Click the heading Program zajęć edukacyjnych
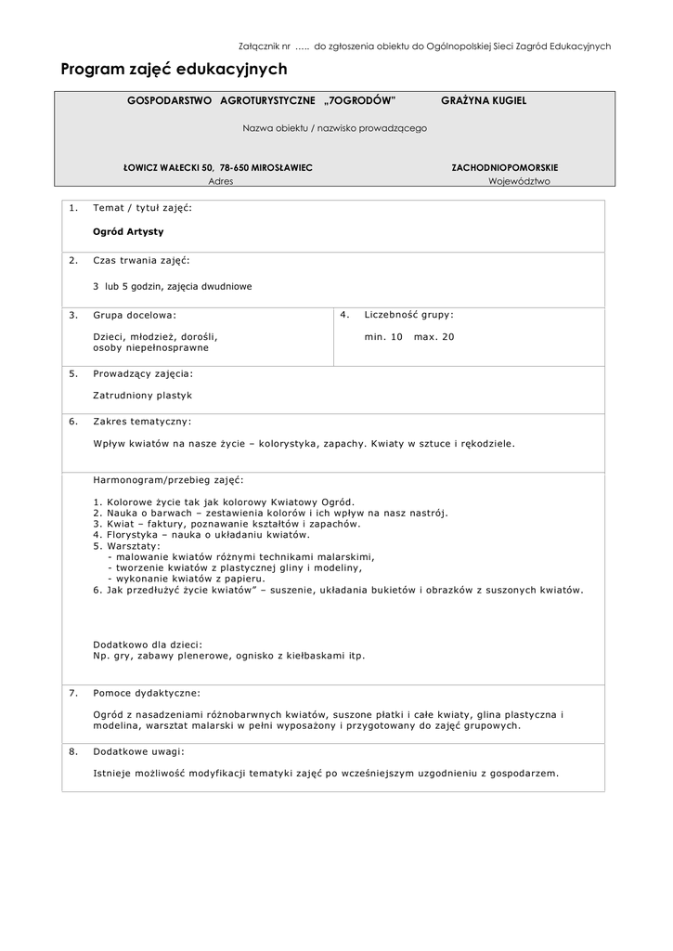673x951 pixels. (x=174, y=70)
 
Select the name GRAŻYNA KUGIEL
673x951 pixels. (x=483, y=100)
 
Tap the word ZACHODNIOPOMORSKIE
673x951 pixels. (x=504, y=167)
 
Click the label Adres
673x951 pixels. (x=221, y=182)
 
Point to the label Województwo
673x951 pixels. (x=519, y=182)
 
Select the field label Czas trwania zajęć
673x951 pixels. (x=141, y=260)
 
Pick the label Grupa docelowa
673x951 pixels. (x=134, y=315)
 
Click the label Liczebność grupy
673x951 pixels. (x=408, y=315)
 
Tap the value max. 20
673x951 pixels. (x=434, y=336)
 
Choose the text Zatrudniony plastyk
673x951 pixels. (x=142, y=395)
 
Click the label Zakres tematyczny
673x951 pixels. (x=142, y=421)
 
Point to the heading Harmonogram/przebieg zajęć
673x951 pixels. (x=168, y=480)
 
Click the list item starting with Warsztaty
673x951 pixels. (x=130, y=546)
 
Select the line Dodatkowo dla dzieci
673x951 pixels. (x=148, y=644)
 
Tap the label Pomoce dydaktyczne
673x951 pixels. (x=146, y=693)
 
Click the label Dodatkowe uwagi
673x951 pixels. (x=138, y=751)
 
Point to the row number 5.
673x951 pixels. (x=73, y=373)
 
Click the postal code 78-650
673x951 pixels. (x=236, y=167)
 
